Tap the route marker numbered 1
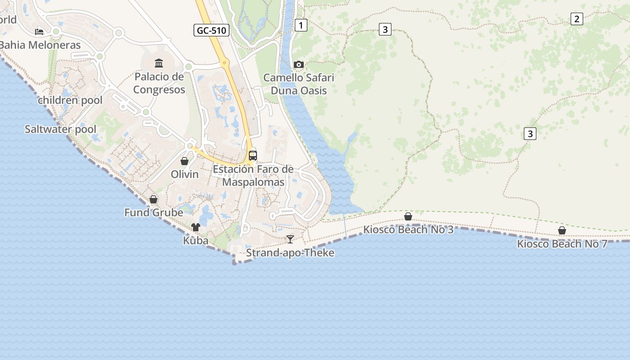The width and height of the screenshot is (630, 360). point(301,25)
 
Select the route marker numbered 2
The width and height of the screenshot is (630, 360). point(576,18)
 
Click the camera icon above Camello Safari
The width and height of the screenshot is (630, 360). point(298,65)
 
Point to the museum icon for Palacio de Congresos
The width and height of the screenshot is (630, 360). point(159,63)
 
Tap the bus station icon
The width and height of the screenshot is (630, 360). point(253,156)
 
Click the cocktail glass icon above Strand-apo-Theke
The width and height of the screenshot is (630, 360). point(290,239)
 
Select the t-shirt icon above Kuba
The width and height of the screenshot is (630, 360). point(196,227)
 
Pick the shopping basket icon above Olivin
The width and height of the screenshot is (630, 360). point(184,161)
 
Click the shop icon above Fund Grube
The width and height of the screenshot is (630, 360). point(153,199)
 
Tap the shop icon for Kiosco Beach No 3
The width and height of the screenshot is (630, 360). point(408,216)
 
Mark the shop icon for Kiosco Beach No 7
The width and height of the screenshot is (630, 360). point(562,230)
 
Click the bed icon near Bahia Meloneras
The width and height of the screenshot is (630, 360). point(40,31)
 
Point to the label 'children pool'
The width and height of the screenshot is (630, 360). point(70,100)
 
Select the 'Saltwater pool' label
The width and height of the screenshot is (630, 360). point(60,129)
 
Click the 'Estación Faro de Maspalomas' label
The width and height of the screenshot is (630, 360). point(253,175)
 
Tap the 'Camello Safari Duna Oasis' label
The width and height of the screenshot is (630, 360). point(299,84)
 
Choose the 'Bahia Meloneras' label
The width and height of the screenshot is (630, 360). point(40,45)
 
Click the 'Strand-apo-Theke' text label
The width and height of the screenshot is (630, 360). point(290,253)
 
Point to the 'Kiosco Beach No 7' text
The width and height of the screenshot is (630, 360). point(562,244)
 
